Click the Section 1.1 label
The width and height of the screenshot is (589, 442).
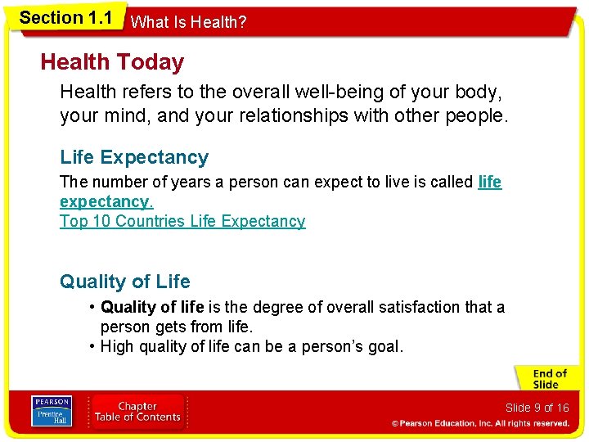point(65,18)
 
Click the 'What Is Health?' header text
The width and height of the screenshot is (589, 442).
point(188,22)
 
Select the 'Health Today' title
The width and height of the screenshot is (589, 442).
point(112,62)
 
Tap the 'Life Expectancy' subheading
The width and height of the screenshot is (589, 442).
point(134,157)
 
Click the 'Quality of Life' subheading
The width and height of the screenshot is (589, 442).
point(124,282)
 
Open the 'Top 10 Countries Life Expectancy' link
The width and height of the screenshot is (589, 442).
point(182,221)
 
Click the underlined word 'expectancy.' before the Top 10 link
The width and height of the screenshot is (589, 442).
point(106,201)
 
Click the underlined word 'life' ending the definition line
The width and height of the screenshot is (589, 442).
point(489,182)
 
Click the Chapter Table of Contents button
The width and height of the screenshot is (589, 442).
point(137,411)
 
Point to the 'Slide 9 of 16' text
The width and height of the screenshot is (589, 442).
point(537,408)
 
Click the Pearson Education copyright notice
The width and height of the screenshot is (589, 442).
point(480,423)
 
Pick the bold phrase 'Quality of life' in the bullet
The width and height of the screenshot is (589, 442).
point(152,307)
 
